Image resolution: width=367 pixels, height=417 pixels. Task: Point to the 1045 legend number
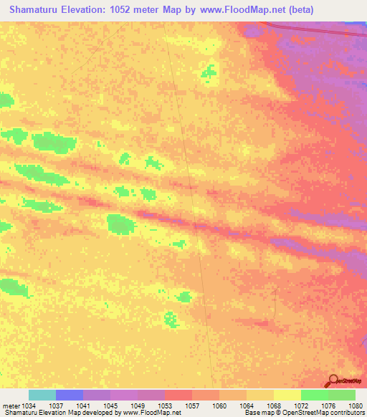(110, 406)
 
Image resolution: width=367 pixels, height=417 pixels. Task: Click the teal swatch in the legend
(42, 395)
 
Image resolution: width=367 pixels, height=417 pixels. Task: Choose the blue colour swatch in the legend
(70, 395)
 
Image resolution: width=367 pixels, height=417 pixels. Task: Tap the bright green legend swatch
(315, 395)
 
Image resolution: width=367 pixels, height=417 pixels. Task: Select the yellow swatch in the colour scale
(287, 395)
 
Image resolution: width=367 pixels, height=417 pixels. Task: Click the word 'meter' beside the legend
(9, 406)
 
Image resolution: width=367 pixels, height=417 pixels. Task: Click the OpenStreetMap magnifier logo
(334, 380)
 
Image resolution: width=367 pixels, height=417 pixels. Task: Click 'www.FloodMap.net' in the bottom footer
(151, 413)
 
